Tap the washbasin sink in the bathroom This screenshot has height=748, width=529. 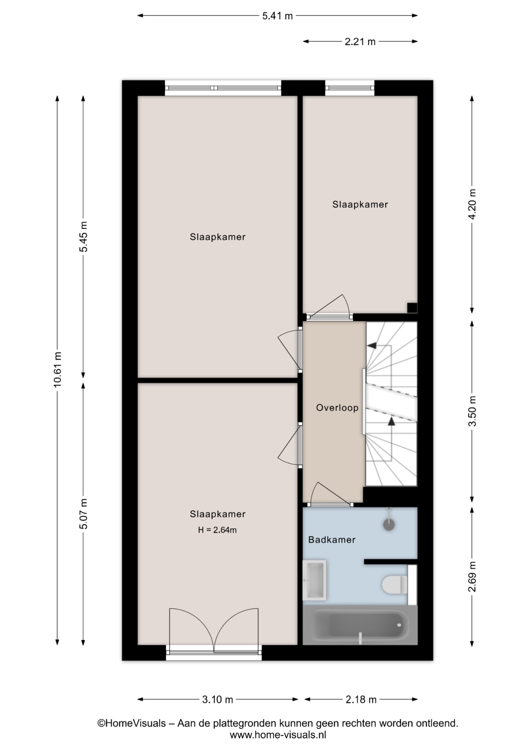(x=314, y=580)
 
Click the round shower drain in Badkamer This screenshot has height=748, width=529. (x=389, y=524)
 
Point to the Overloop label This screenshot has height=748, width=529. (x=337, y=408)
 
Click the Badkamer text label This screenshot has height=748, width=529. (x=332, y=540)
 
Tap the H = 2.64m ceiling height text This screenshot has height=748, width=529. (x=217, y=530)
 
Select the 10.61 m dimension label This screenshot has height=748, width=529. (x=58, y=369)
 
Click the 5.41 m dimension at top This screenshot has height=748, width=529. (x=277, y=16)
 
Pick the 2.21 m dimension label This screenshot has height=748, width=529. (x=360, y=42)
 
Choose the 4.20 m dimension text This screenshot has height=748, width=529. (x=472, y=204)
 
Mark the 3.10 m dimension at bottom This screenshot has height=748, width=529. (x=217, y=700)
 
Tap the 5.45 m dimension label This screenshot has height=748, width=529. (x=83, y=236)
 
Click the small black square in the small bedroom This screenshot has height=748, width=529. (x=412, y=308)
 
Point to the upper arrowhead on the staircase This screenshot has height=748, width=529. (x=372, y=345)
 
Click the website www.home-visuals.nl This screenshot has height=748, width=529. (x=278, y=735)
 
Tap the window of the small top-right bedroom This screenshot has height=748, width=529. (x=349, y=88)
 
